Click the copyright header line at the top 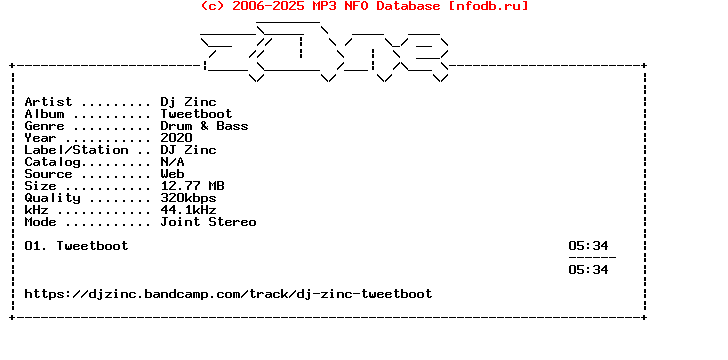364,6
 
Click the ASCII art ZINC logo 325,53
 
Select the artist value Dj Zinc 188,102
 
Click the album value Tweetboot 196,114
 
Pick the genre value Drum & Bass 204,126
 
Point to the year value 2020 176,138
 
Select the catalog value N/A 172,162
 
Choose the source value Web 172,174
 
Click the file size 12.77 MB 192,186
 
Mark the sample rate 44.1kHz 188,210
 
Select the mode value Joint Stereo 208,222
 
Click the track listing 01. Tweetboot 76,246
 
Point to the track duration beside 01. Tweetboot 588,246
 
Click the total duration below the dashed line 588,270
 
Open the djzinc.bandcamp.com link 228,294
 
